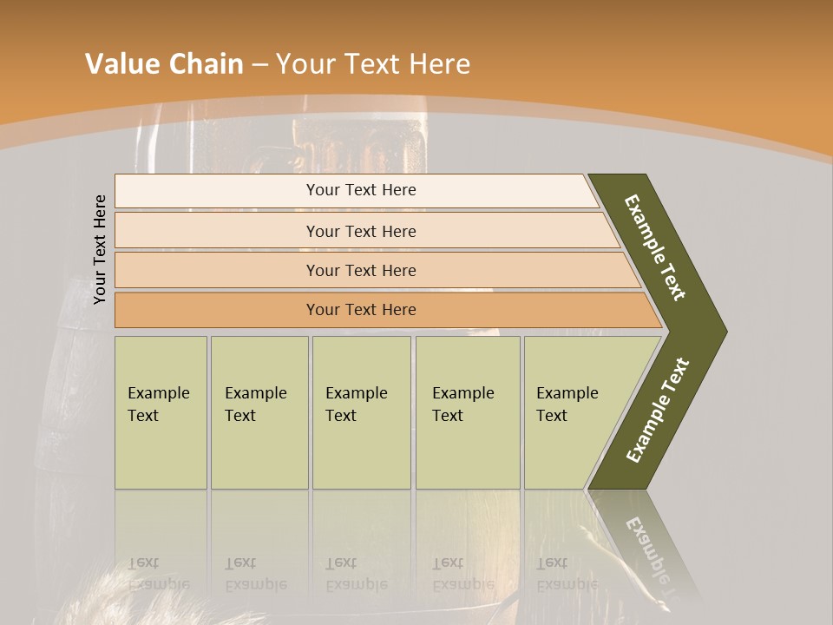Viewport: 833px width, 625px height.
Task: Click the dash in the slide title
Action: tap(259, 64)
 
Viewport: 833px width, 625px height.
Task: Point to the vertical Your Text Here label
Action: tap(100, 249)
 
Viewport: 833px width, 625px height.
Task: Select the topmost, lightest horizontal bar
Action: tap(356, 190)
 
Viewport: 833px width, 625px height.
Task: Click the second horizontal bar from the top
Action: tap(364, 231)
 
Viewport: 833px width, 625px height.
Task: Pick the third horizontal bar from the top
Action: tap(373, 270)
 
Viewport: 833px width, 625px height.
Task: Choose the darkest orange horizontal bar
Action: tap(382, 310)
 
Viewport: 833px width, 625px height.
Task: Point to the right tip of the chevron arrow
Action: tap(725, 331)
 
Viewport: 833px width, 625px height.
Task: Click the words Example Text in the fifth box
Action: tap(567, 404)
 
